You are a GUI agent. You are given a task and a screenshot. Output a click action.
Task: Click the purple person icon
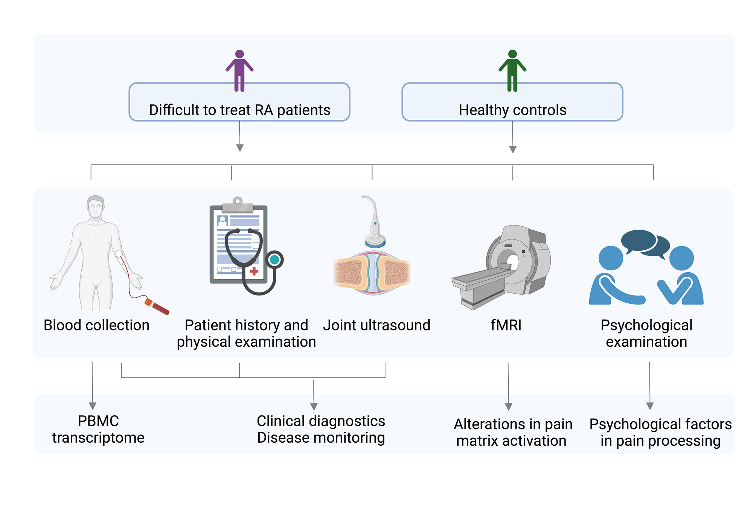(x=239, y=70)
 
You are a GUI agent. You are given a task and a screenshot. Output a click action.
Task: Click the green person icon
(x=512, y=70)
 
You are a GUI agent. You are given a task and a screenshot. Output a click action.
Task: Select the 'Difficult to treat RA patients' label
(x=239, y=110)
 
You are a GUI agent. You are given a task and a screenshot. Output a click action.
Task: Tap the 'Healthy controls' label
(x=512, y=110)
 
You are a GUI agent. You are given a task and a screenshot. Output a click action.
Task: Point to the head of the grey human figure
(x=96, y=206)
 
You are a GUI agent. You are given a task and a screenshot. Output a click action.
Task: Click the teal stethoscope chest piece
(x=274, y=260)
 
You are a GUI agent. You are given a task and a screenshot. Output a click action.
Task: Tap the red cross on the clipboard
(x=254, y=271)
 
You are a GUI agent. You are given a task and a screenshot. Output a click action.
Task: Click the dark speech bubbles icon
(x=645, y=243)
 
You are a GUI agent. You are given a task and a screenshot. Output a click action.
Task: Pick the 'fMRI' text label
(x=506, y=325)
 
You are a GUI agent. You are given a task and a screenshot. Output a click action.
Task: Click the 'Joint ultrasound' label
(x=376, y=325)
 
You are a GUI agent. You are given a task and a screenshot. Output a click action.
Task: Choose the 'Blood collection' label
(x=96, y=325)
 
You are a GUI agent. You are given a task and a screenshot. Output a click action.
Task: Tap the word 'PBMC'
(x=98, y=421)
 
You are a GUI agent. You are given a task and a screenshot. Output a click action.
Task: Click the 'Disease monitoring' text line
(x=321, y=438)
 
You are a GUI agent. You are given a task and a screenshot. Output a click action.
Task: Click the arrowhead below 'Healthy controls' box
(x=513, y=149)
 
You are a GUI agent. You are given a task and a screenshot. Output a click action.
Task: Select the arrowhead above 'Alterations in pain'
(x=509, y=407)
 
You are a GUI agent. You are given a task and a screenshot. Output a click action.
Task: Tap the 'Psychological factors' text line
(x=660, y=424)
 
